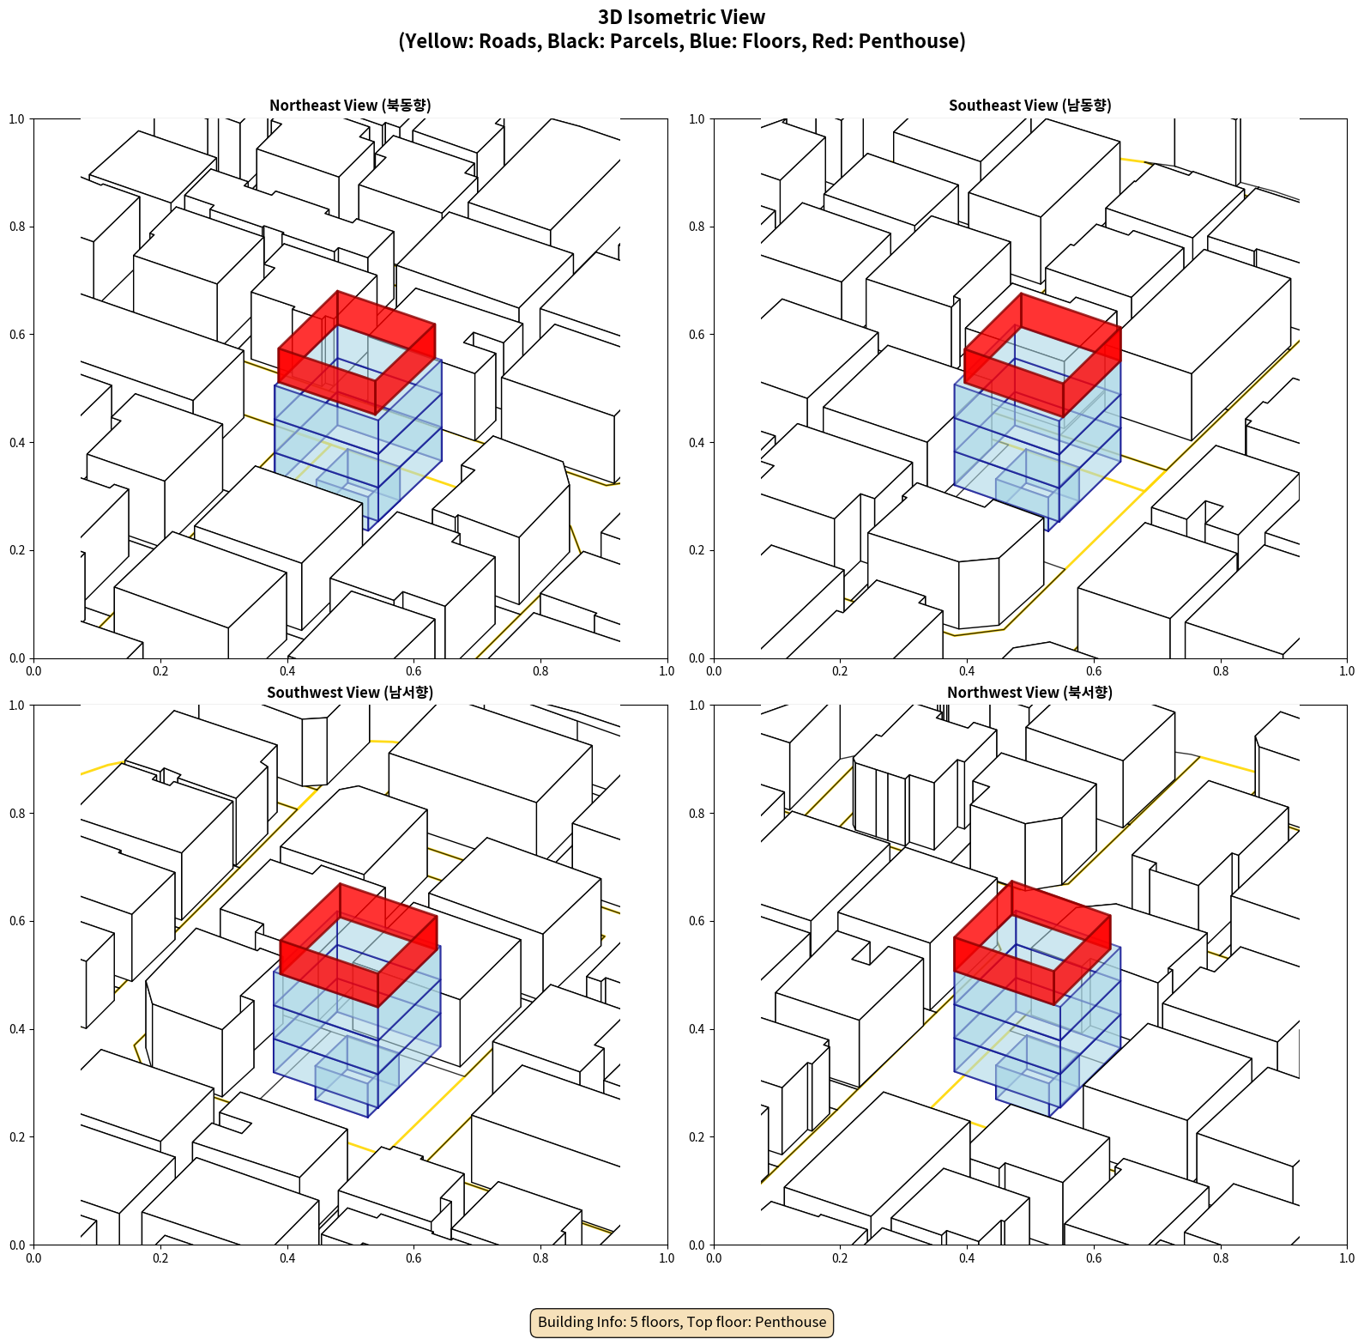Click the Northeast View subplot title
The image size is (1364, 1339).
point(350,106)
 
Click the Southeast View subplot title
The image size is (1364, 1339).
point(1029,106)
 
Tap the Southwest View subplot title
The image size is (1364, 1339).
point(350,693)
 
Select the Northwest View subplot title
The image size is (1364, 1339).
point(1029,693)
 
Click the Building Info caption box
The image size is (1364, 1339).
point(682,1322)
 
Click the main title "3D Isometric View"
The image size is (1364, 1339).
point(682,17)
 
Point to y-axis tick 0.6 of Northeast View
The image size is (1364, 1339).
point(17,335)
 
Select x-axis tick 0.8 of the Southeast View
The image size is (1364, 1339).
point(1220,671)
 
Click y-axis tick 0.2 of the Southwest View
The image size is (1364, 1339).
point(17,1137)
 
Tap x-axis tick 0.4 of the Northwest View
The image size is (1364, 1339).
point(967,1258)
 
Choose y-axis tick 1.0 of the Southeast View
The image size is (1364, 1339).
point(697,119)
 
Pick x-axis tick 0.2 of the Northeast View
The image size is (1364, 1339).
point(160,671)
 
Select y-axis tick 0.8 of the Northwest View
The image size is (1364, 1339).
point(697,814)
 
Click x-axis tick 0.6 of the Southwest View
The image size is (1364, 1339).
point(413,1258)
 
